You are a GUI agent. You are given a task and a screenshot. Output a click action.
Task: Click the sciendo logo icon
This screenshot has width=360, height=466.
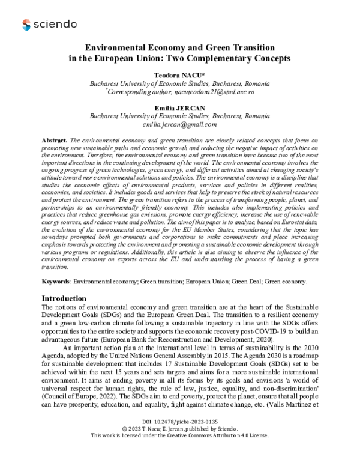click(x=26, y=24)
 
